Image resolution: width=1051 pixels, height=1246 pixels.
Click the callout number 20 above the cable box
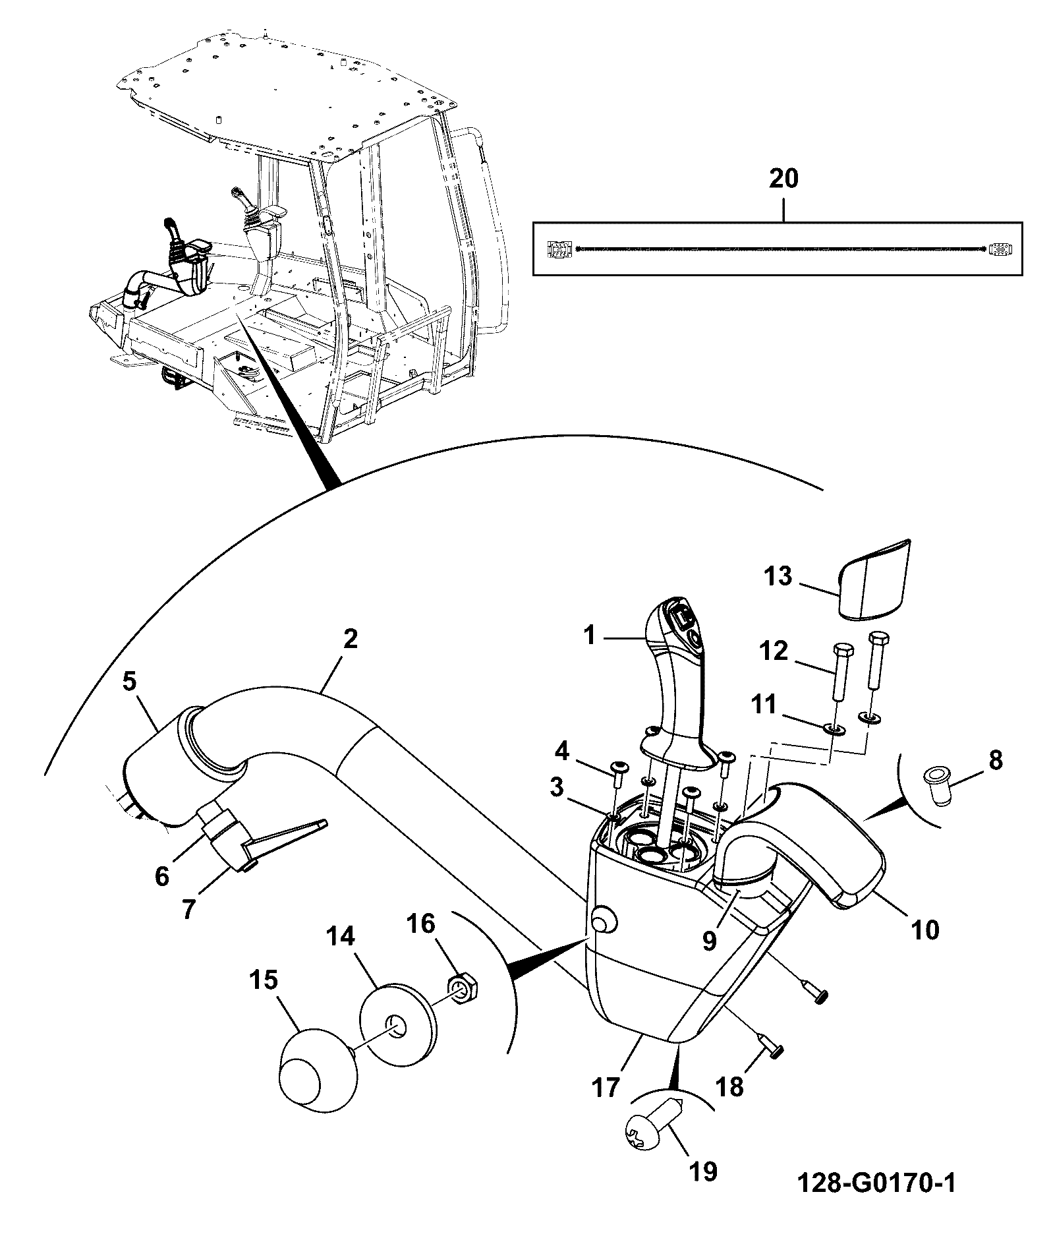click(x=783, y=179)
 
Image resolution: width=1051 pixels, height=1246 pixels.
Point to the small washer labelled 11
click(x=834, y=728)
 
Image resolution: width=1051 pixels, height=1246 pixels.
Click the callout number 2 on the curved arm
click(x=350, y=639)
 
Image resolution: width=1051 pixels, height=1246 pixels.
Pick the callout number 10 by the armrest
click(x=924, y=930)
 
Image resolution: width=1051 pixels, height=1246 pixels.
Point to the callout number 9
click(x=709, y=941)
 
